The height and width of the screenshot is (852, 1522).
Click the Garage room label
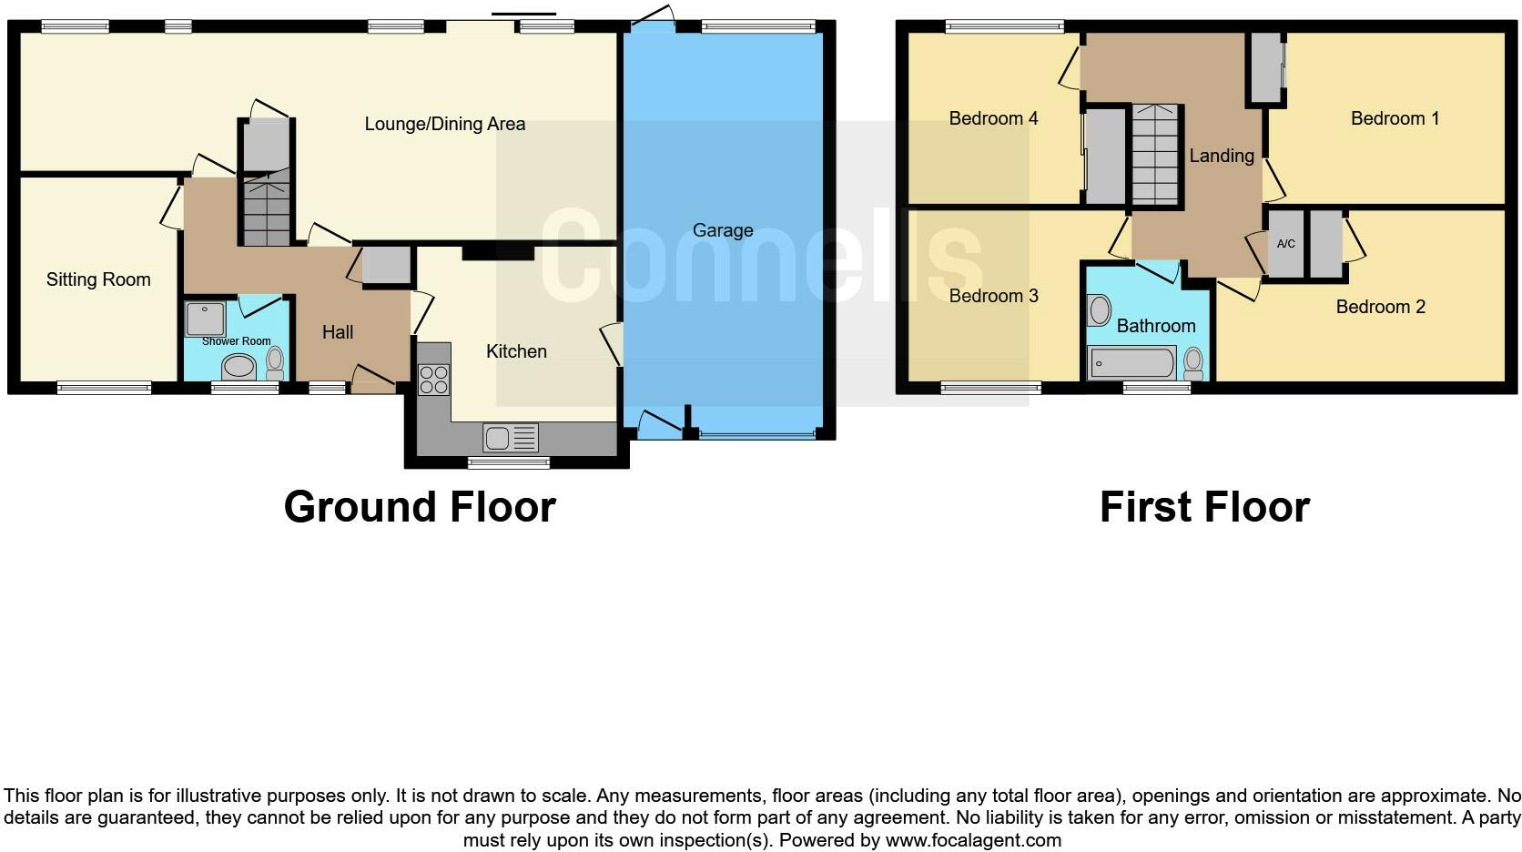(722, 230)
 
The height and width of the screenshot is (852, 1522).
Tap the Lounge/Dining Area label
(444, 124)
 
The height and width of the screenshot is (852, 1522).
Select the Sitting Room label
(98, 279)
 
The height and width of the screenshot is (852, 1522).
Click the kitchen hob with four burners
(434, 379)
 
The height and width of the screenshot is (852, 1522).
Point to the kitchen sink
(511, 438)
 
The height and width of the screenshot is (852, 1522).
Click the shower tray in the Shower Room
(205, 319)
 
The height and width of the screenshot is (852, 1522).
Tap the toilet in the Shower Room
(275, 363)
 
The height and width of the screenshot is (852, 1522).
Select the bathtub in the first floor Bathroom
(1131, 363)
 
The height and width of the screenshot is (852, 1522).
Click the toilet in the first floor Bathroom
(1193, 364)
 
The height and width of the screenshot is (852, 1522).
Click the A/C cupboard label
(1285, 244)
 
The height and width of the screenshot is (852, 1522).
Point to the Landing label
(1221, 156)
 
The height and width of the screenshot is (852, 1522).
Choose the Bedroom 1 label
(1395, 118)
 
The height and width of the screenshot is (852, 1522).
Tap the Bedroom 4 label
(993, 118)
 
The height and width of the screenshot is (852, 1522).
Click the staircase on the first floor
(1155, 155)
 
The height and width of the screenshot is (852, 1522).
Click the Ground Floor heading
(419, 506)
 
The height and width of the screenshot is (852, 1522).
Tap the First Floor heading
(1203, 506)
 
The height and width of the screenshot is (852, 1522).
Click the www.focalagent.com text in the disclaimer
(973, 840)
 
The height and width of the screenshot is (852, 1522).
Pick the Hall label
(337, 332)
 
